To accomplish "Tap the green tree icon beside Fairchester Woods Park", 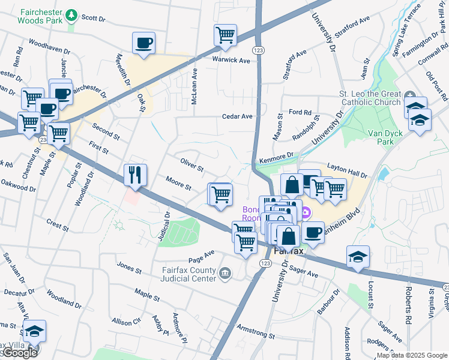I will coord(72,14).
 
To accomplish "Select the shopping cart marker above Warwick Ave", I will coord(225,35).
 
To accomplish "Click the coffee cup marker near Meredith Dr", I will coord(143,43).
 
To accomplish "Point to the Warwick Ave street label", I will coord(230,60).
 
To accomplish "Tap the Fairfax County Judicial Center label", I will coord(188,274).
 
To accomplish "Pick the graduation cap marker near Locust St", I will coord(358,257).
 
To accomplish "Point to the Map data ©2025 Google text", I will coord(412,355).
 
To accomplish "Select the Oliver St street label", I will coord(192,163).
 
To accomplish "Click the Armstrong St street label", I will coord(255,332).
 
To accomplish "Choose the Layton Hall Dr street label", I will coord(346,170).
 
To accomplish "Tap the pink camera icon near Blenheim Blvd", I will coord(306,212).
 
